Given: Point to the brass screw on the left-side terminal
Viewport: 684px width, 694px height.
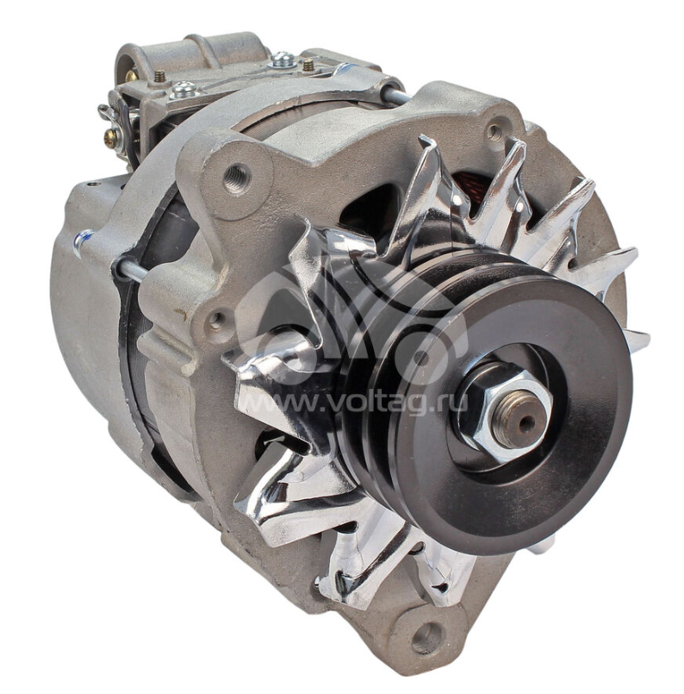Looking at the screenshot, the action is tap(110, 139).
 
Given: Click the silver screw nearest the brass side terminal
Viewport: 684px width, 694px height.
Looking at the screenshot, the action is tap(183, 90).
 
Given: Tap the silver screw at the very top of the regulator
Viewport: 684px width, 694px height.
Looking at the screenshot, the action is tap(283, 59).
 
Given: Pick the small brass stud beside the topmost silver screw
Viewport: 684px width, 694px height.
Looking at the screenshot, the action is tap(308, 65).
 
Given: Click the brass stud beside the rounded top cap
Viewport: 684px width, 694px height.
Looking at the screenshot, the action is tap(160, 76).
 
